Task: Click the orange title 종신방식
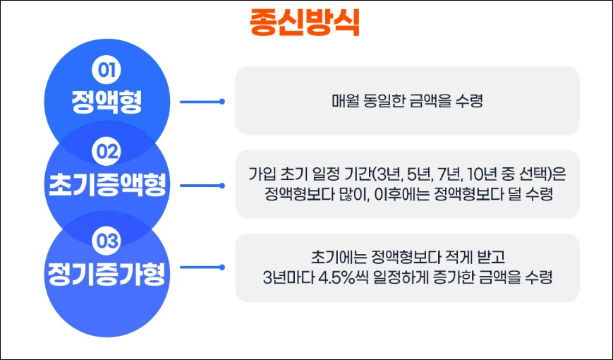(305, 22)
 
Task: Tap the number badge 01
(107, 71)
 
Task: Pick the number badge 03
(107, 241)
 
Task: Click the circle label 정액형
(107, 102)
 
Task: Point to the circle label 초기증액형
(107, 185)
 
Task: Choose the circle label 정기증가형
(107, 272)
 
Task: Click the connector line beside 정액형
(201, 101)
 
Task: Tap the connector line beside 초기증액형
(201, 186)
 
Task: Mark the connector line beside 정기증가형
(201, 268)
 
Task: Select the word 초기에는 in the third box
(332, 256)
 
